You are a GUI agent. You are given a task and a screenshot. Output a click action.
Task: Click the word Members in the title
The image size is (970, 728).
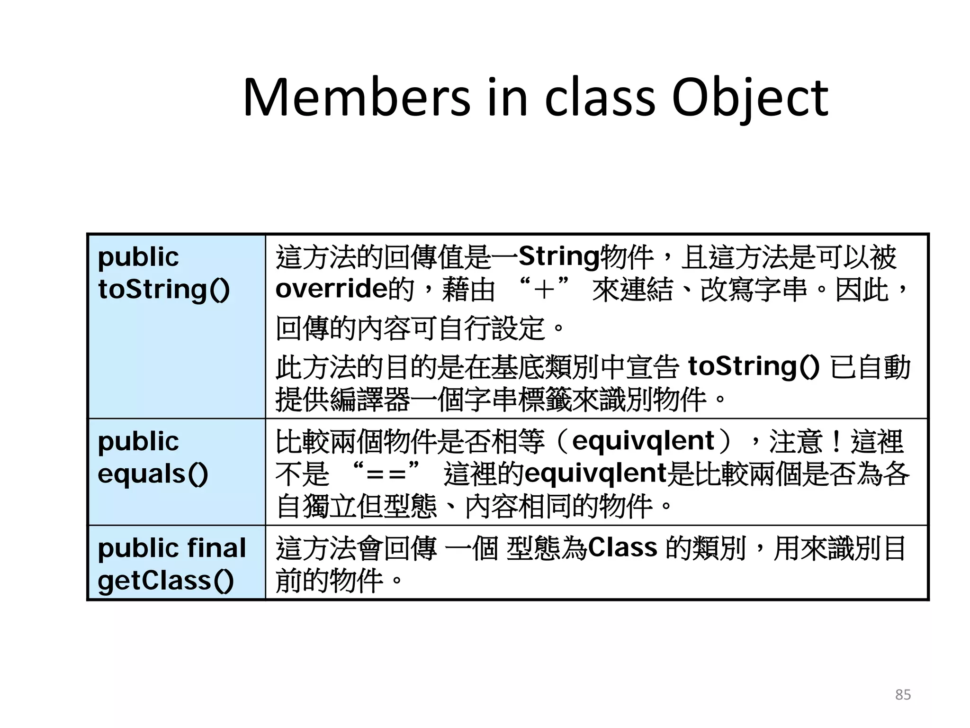(356, 98)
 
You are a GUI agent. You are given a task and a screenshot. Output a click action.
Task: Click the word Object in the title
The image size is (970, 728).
(750, 98)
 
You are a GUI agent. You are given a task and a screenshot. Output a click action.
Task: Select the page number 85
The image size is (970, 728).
(903, 695)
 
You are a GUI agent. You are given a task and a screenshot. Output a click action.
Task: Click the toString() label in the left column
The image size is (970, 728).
(163, 289)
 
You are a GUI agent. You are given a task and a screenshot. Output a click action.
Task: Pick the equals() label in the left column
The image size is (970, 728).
(153, 474)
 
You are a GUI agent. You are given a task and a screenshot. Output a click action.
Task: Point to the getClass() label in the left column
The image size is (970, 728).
(165, 581)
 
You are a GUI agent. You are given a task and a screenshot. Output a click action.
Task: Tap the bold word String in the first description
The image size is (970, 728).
(559, 256)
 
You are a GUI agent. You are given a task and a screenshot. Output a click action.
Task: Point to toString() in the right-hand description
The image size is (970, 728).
(753, 366)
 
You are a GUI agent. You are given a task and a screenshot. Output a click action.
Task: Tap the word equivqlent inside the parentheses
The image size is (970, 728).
(643, 441)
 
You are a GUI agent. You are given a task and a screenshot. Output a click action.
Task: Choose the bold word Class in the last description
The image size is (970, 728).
(622, 547)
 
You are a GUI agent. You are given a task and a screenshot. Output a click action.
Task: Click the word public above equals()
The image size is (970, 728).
(138, 442)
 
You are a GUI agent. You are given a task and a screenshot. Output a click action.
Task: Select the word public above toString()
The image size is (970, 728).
(138, 257)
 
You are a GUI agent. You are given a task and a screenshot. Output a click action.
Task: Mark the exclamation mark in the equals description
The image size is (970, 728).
(836, 441)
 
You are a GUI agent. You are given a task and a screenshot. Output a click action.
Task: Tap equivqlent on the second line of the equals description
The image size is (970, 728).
(596, 473)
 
